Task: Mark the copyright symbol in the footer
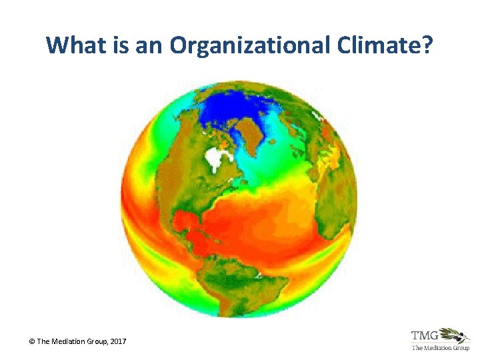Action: pyautogui.click(x=32, y=342)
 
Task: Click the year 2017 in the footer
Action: pyautogui.click(x=117, y=342)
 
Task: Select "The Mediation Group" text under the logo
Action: pyautogui.click(x=441, y=348)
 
